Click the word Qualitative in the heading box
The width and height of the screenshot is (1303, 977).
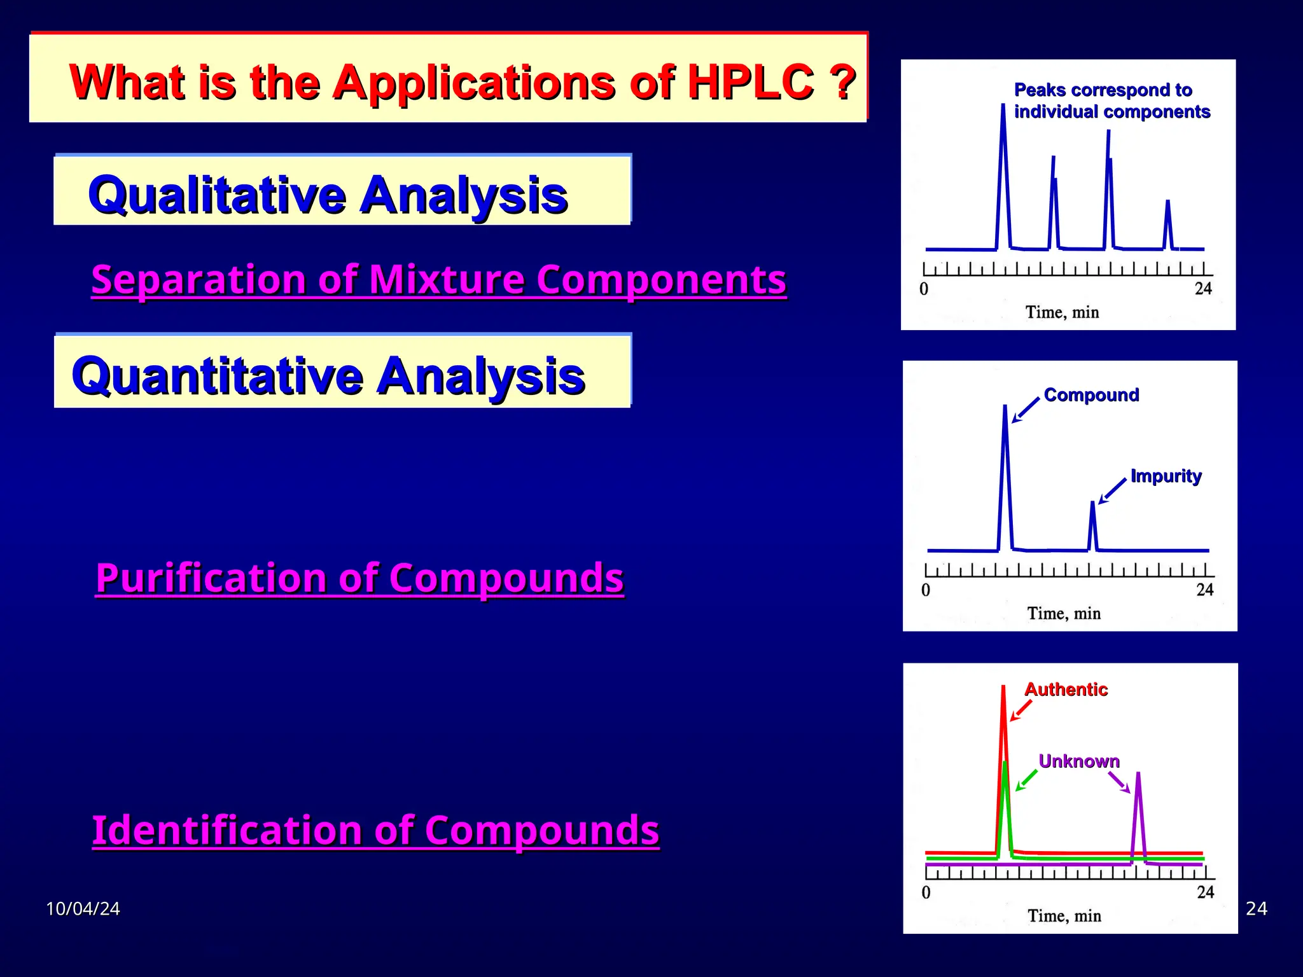click(x=216, y=195)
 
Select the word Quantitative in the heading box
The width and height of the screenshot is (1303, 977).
click(x=216, y=376)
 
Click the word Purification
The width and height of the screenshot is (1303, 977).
click(x=211, y=578)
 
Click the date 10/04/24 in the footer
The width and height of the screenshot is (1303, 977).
click(x=83, y=908)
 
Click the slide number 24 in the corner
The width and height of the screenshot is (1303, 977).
click(x=1256, y=908)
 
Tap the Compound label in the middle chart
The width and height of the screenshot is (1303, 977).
click(x=1091, y=395)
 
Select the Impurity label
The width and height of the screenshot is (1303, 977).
click(x=1166, y=476)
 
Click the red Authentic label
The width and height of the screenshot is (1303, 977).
click(x=1066, y=689)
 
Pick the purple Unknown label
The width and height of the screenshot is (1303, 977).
click(x=1078, y=761)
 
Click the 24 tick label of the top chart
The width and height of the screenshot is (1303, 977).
click(x=1203, y=289)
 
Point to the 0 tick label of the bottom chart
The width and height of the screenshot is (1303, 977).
click(x=926, y=892)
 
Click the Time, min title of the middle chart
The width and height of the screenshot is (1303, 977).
click(x=1064, y=614)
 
